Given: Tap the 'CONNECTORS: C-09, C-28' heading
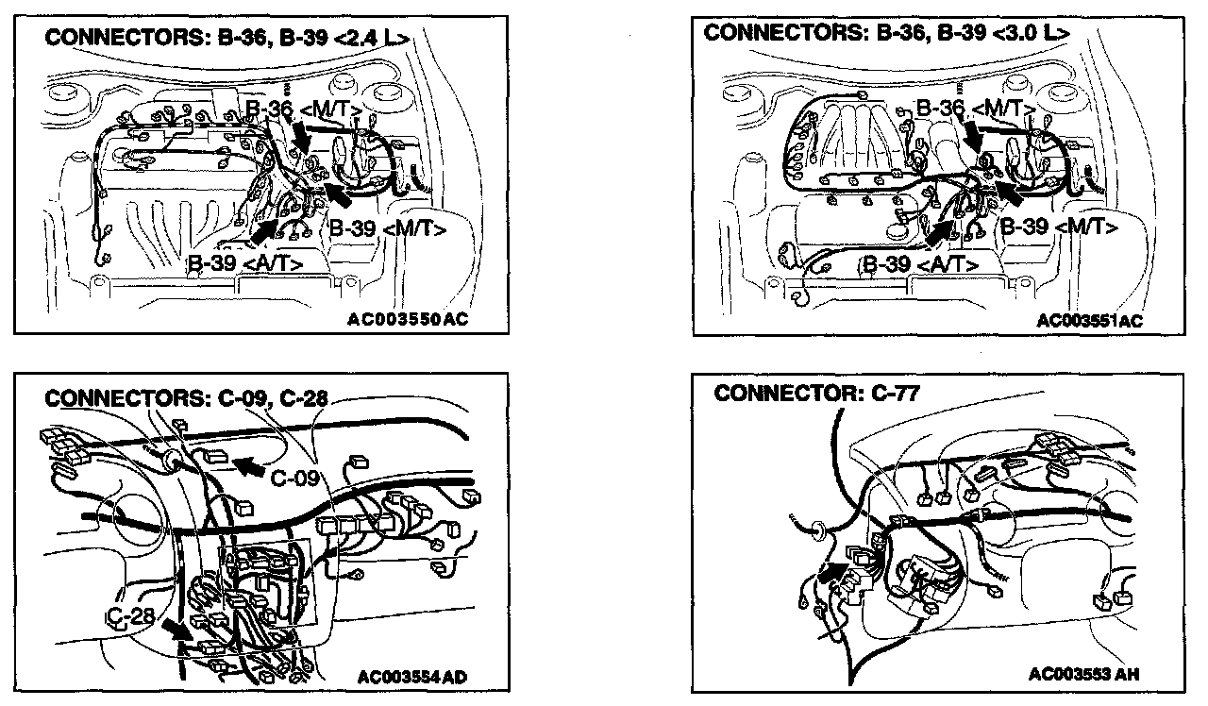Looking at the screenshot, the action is click(x=187, y=398).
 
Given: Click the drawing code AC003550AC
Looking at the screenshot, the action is click(x=407, y=319).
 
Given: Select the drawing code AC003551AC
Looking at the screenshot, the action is click(x=1090, y=320).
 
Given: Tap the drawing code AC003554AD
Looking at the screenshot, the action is click(x=413, y=676).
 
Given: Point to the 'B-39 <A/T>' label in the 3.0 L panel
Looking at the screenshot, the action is click(x=921, y=263).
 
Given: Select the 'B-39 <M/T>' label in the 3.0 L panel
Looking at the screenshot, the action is click(x=1059, y=227).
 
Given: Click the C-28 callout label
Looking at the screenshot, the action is click(x=130, y=617).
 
